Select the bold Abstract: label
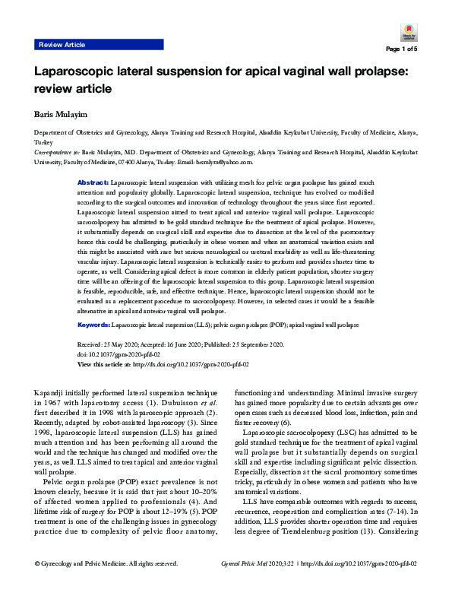pos(93,184)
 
